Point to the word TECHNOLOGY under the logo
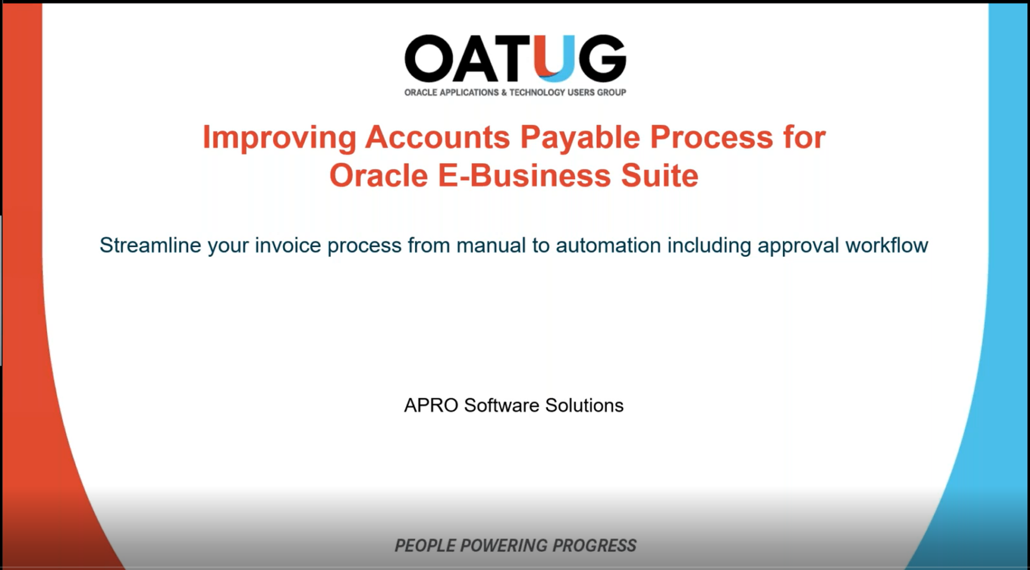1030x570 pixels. [537, 92]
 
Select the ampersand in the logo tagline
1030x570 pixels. [504, 92]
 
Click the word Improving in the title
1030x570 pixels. [279, 137]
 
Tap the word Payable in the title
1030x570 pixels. [580, 137]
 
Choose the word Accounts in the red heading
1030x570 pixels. [437, 137]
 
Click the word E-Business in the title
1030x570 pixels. [524, 175]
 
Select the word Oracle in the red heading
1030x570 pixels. [378, 175]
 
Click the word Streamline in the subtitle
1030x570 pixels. [150, 245]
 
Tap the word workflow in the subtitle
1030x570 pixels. [886, 245]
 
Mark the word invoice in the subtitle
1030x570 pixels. [288, 245]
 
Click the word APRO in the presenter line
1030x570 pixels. [431, 405]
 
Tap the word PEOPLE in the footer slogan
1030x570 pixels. [424, 545]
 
